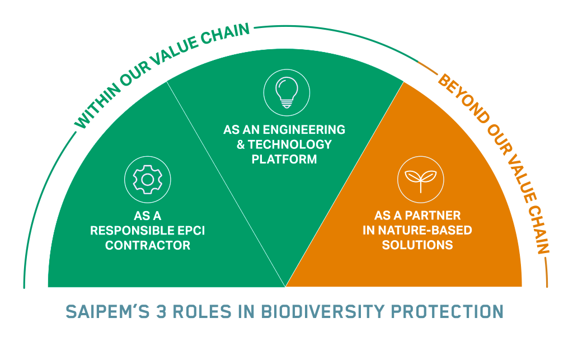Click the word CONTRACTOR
[x=148, y=245]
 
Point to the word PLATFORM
[x=284, y=159]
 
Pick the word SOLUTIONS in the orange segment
[x=417, y=245]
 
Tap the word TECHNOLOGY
[x=290, y=144]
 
